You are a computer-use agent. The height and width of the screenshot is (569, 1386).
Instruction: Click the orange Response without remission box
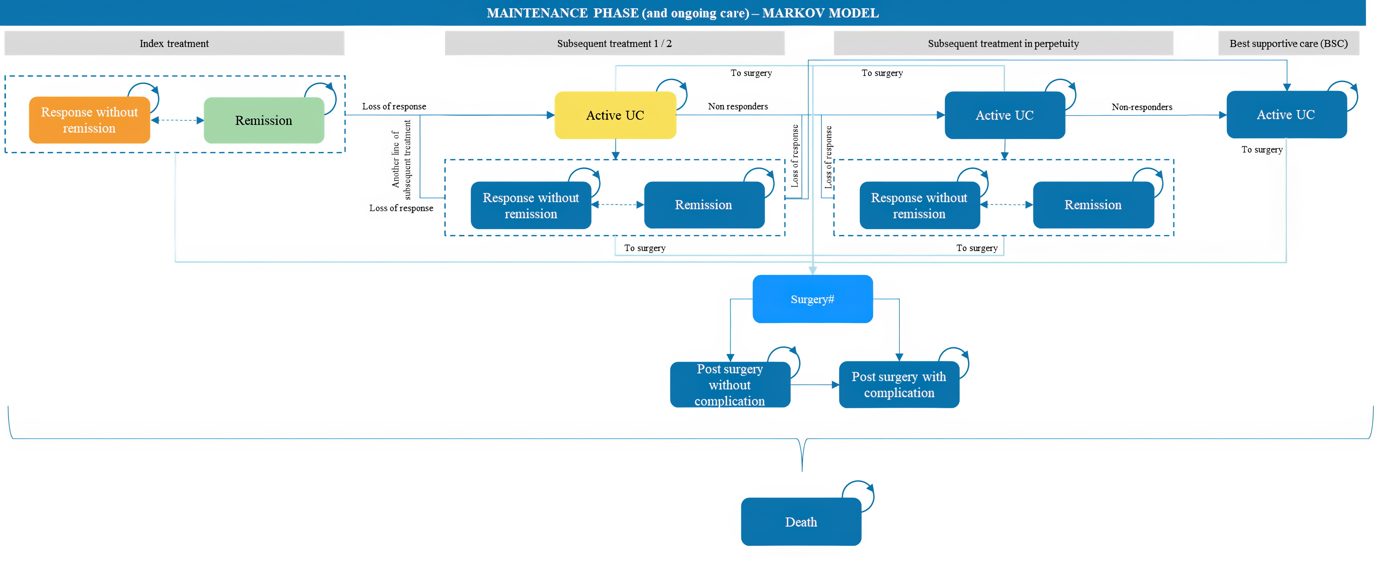point(89,120)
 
